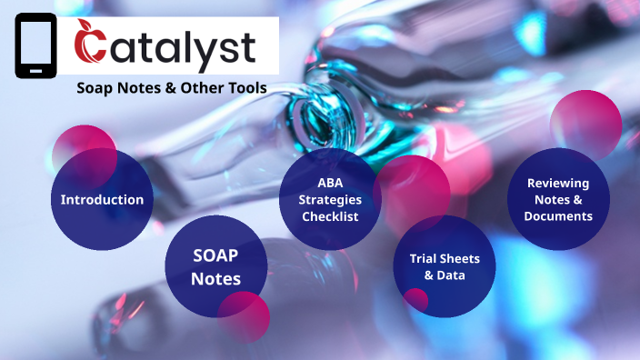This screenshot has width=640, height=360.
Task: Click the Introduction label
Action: click(102, 199)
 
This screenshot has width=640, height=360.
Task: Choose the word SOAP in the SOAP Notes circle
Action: click(215, 256)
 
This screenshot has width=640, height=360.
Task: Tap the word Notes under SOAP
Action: click(215, 278)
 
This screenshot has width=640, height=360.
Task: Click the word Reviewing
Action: click(558, 183)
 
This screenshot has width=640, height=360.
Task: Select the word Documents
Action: click(558, 216)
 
